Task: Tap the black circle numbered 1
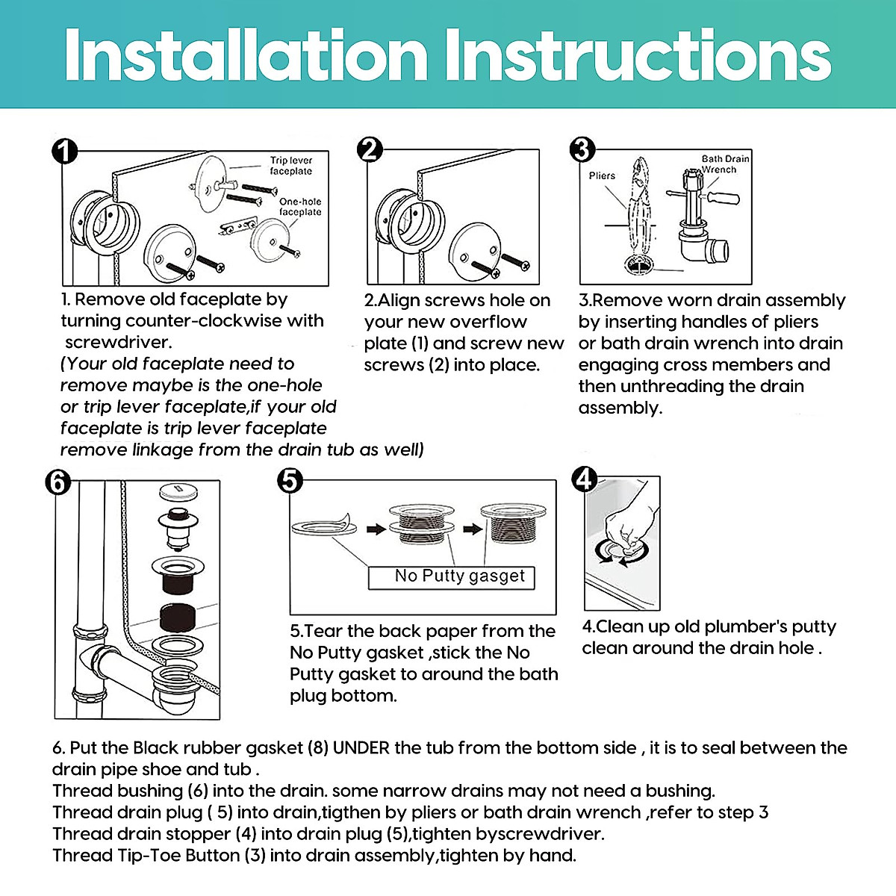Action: click(x=65, y=151)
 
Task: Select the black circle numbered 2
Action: click(x=370, y=150)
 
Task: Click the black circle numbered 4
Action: click(x=585, y=480)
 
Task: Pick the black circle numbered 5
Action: click(x=290, y=481)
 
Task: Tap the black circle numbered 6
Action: click(x=58, y=482)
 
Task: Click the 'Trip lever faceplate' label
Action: click(x=291, y=166)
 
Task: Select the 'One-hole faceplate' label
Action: click(x=300, y=206)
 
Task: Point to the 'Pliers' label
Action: click(x=602, y=175)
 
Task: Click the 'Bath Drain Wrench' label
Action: click(x=725, y=164)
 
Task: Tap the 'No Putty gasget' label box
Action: click(x=452, y=578)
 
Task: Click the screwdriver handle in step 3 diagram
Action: click(x=723, y=198)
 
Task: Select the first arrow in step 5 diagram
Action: click(x=376, y=529)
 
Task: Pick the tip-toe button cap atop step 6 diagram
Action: click(x=178, y=492)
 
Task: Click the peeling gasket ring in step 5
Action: click(x=324, y=526)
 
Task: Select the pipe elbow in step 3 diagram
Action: click(x=707, y=252)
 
